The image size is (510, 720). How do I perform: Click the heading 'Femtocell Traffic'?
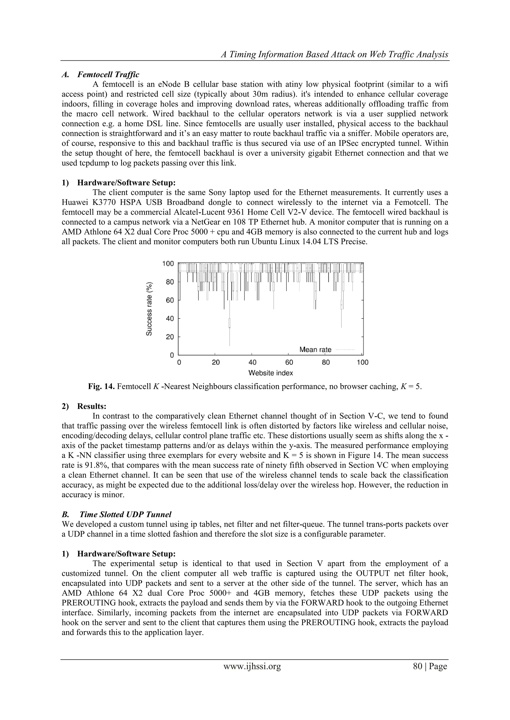pyautogui.click(x=108, y=75)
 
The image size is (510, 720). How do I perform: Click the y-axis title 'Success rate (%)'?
pyautogui.click(x=149, y=309)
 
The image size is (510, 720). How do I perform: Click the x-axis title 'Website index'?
pyautogui.click(x=270, y=373)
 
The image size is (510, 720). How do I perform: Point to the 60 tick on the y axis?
pyautogui.click(x=170, y=300)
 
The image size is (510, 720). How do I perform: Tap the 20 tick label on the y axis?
pyautogui.click(x=170, y=337)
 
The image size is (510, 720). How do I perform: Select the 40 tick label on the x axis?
pyautogui.click(x=252, y=362)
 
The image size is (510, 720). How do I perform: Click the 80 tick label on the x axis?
pyautogui.click(x=326, y=362)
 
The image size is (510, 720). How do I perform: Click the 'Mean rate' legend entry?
pyautogui.click(x=315, y=349)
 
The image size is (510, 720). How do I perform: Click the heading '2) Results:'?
pyautogui.click(x=92, y=406)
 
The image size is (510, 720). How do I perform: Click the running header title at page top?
pyautogui.click(x=335, y=54)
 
